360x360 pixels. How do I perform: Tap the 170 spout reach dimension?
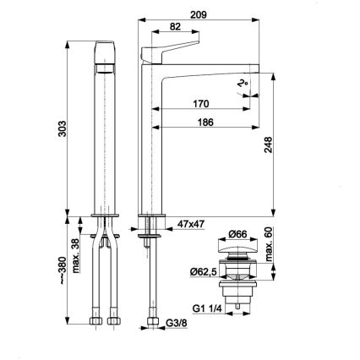coord(200,105)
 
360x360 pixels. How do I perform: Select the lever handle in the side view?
coord(173,48)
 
